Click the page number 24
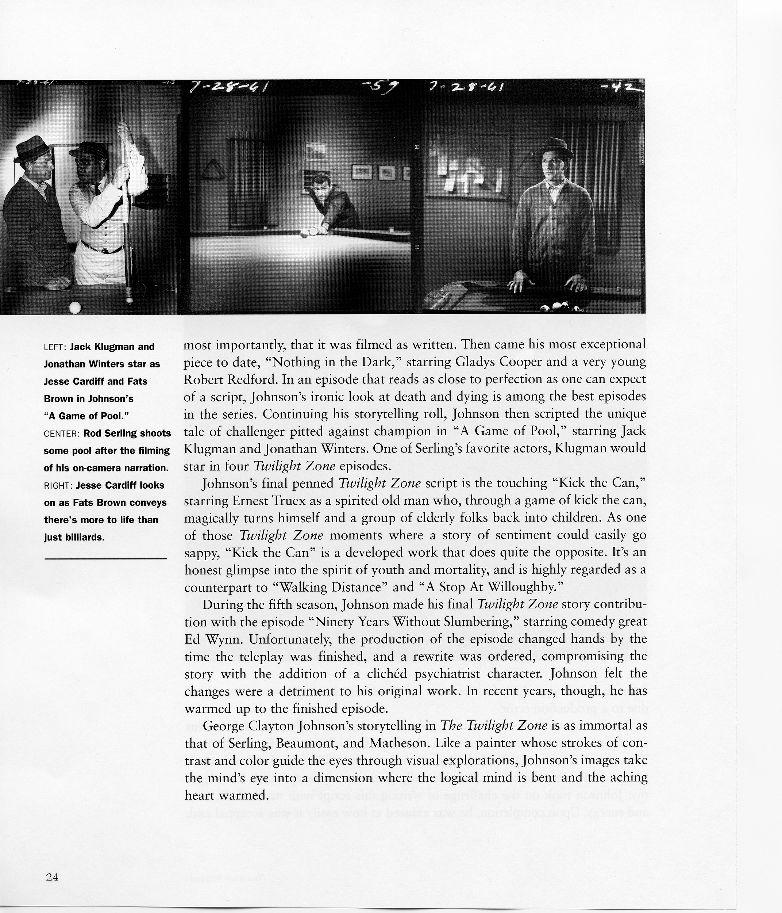[51, 877]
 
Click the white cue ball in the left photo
[75, 307]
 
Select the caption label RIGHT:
[58, 486]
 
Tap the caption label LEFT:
[55, 347]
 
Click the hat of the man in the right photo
[554, 148]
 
